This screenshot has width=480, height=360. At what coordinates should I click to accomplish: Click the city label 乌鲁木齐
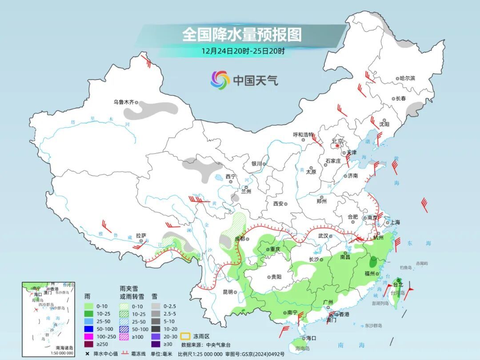(x=123, y=102)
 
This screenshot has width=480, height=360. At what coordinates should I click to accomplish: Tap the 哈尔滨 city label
(x=407, y=78)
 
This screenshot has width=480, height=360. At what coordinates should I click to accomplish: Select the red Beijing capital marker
(x=338, y=145)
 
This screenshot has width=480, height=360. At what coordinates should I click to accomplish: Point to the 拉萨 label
(x=141, y=236)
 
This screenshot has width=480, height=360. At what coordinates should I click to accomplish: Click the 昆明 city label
(x=228, y=292)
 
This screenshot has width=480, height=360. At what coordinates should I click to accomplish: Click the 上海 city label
(x=395, y=222)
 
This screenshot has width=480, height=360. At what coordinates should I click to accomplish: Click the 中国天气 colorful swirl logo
(x=220, y=80)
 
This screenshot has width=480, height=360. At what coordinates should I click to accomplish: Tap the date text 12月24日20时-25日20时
(x=243, y=51)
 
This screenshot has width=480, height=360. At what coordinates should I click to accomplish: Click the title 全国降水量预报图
(x=242, y=34)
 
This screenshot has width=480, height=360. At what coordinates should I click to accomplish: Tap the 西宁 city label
(x=231, y=176)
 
